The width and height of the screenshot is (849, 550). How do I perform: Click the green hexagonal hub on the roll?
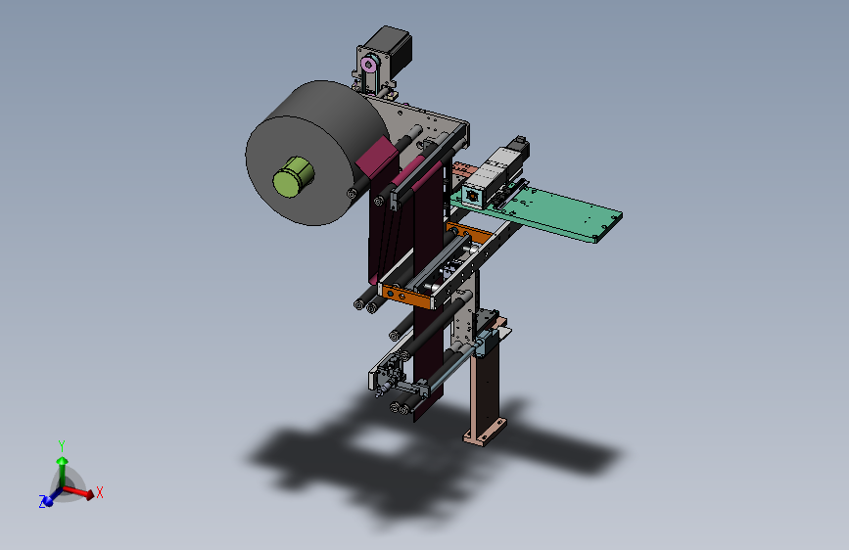coord(294,176)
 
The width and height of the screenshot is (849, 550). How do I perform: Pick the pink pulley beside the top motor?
coord(369,65)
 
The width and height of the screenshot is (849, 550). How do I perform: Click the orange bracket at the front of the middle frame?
coord(407,298)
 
